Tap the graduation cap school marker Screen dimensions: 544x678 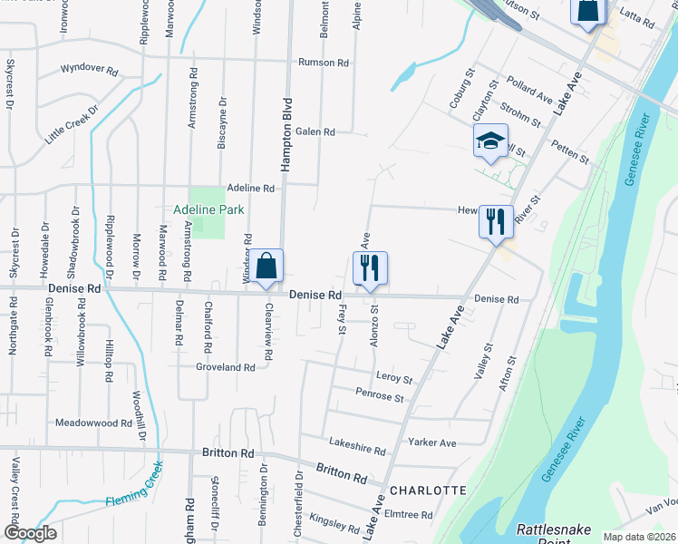pos(490,141)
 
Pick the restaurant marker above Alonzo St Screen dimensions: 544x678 pos(370,268)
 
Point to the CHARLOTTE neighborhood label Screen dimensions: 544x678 pos(428,491)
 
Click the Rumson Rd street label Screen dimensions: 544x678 pos(324,63)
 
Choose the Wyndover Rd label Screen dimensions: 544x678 pos(90,69)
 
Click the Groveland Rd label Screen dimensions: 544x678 pos(226,367)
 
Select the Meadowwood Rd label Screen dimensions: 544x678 pos(94,423)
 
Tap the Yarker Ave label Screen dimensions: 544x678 pos(433,443)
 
